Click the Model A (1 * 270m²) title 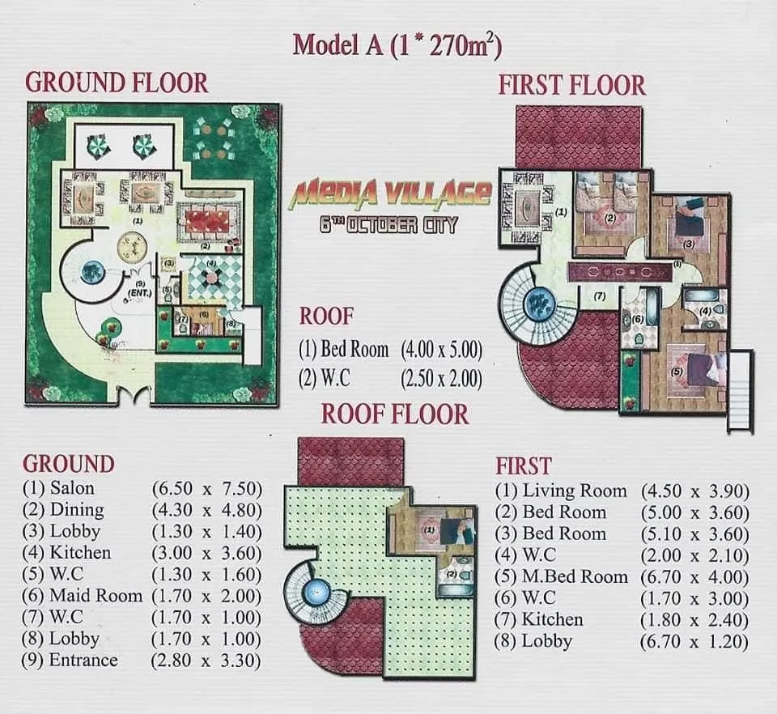point(397,45)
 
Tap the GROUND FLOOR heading point(117,83)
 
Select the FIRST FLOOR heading point(571,85)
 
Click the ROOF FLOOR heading point(395,414)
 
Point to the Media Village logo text point(391,193)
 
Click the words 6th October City point(388,224)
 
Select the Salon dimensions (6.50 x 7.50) point(207,488)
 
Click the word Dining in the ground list point(77,510)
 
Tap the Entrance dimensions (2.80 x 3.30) point(207,661)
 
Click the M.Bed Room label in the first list point(575,576)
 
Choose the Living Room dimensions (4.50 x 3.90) point(695,491)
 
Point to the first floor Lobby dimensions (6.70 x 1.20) point(695,642)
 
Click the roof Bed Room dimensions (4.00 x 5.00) point(442,351)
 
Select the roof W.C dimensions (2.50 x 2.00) point(442,378)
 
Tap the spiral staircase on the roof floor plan point(316,594)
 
